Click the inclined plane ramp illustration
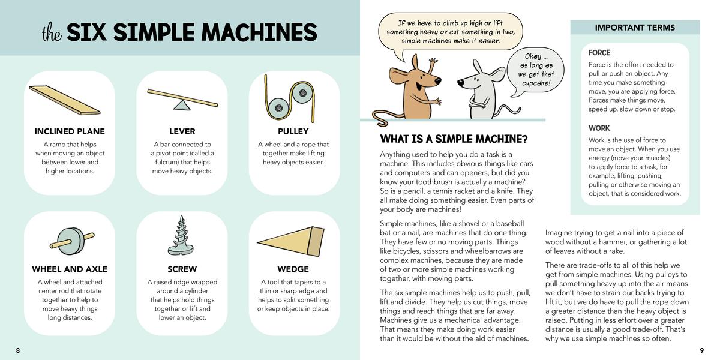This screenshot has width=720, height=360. click(65, 100)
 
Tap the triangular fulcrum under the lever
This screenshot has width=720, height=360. click(182, 105)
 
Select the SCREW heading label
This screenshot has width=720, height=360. click(182, 269)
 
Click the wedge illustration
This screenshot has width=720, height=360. click(291, 241)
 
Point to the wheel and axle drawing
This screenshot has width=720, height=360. click(72, 241)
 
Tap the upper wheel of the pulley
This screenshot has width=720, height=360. click(302, 93)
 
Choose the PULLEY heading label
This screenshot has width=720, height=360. click(293, 131)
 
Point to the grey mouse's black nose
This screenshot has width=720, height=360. click(461, 83)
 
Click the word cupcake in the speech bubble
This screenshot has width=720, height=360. click(536, 83)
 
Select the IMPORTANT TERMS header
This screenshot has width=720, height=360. click(635, 28)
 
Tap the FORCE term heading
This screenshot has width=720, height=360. click(599, 53)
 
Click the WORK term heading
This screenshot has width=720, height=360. click(599, 128)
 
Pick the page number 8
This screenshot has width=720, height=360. click(18, 350)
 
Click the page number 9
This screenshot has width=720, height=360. click(702, 350)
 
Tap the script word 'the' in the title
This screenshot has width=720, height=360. click(52, 33)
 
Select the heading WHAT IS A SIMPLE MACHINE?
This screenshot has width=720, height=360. click(454, 139)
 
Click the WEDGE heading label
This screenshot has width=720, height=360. click(293, 269)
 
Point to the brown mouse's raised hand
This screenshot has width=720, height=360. click(433, 61)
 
